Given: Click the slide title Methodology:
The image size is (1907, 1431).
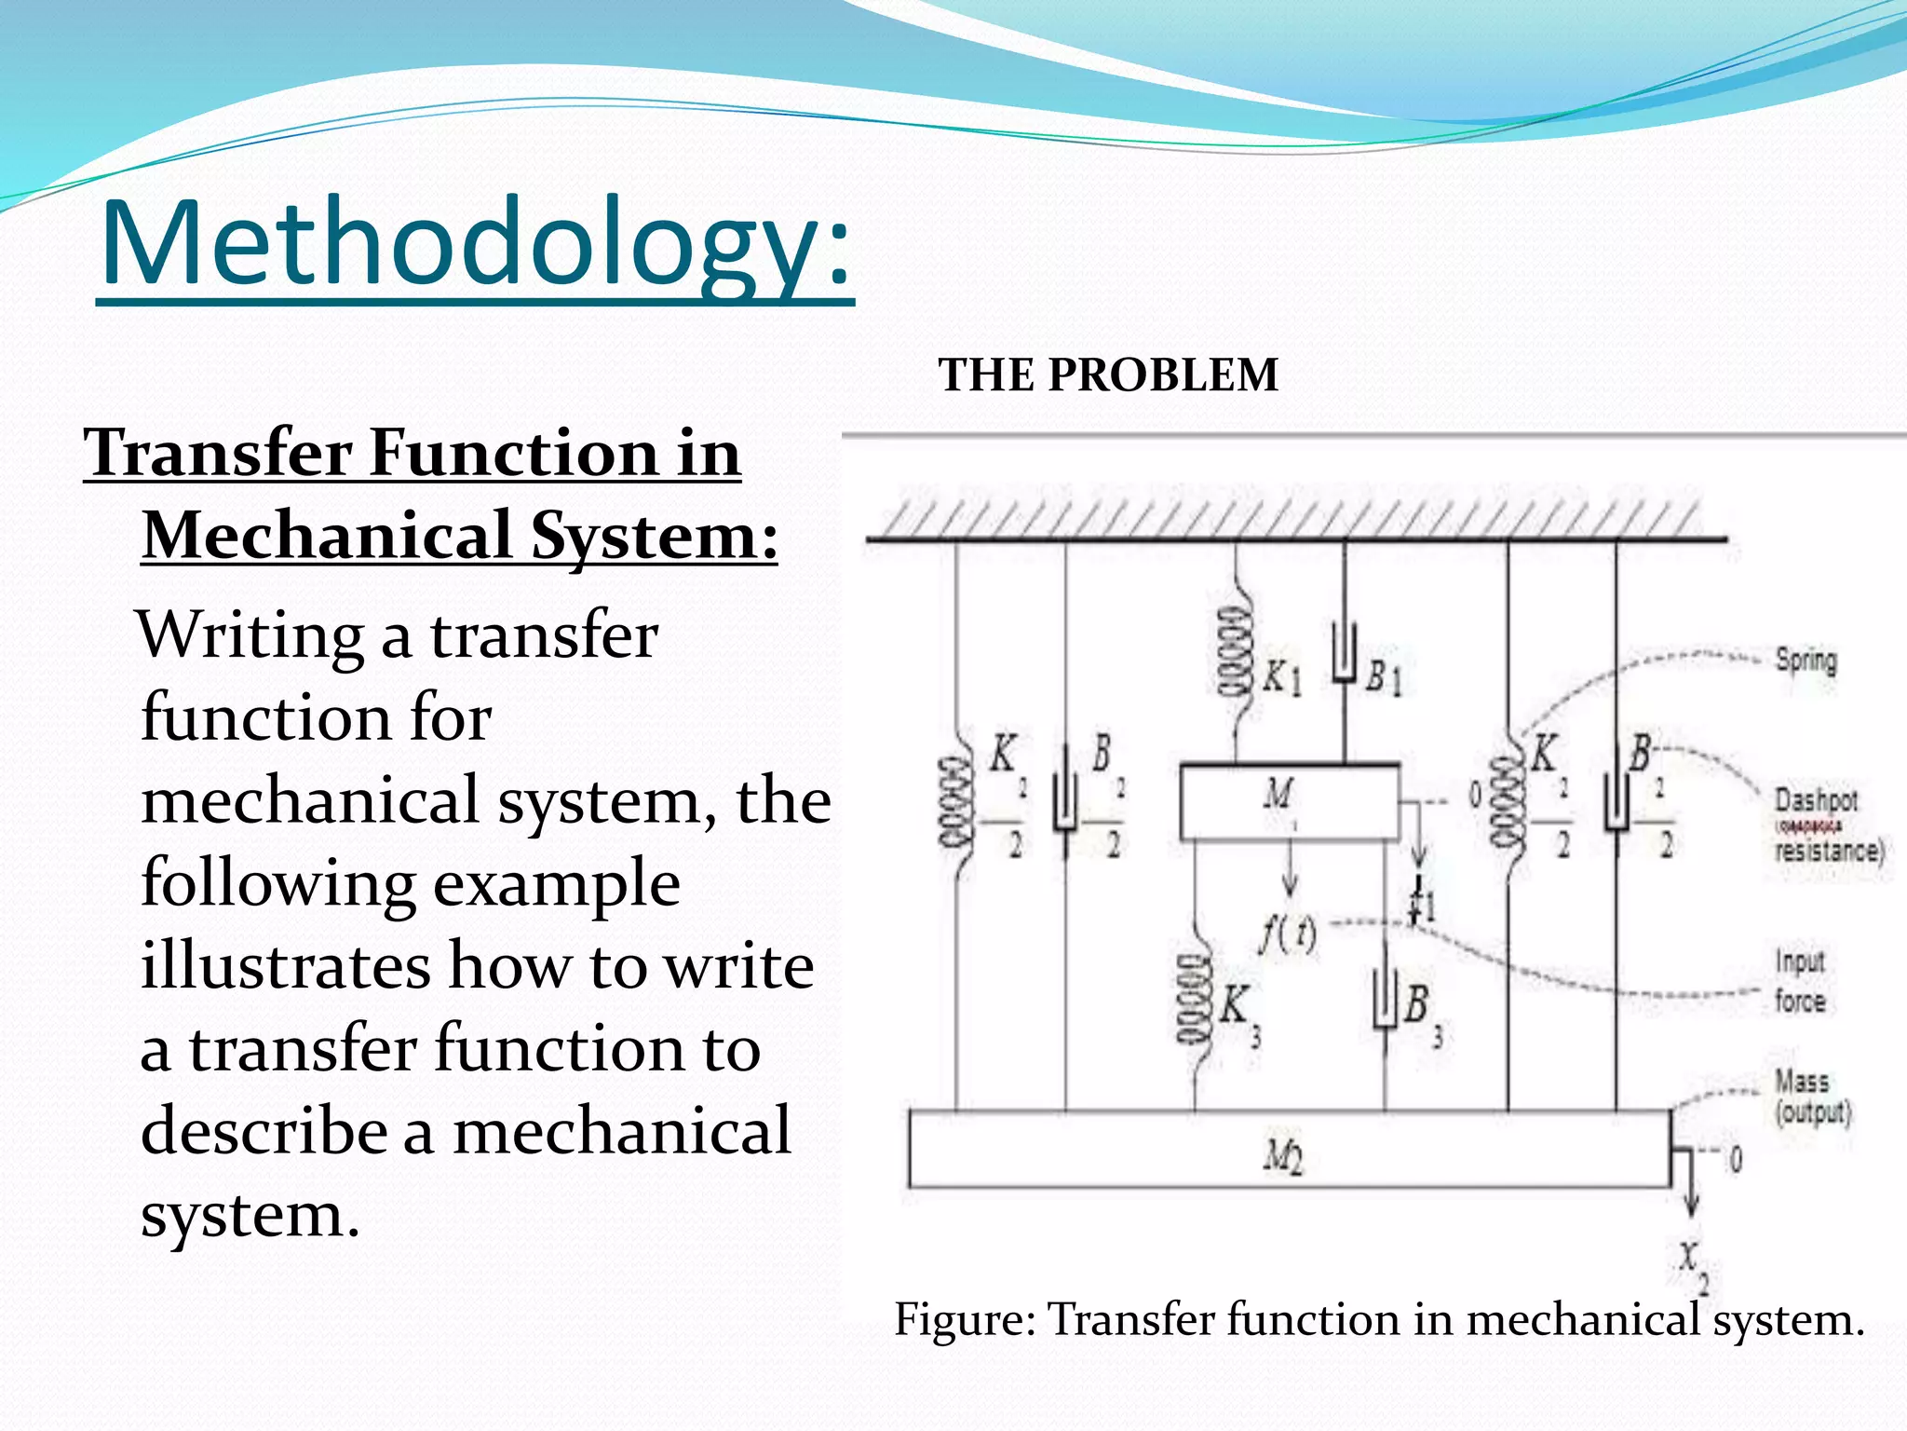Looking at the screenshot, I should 475,244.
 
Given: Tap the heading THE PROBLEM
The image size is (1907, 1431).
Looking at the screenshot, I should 1108,375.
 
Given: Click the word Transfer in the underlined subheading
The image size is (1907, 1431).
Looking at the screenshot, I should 218,454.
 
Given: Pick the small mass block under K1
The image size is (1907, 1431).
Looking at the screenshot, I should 1289,801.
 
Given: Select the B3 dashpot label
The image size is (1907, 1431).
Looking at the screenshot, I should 1421,1010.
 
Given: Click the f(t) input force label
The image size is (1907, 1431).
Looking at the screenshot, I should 1288,934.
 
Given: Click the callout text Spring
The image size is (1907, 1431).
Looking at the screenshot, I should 1806,661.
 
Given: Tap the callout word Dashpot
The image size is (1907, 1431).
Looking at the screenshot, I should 1816,799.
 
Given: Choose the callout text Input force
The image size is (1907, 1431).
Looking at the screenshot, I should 1799,980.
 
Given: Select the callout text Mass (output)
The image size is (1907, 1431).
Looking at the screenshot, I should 1811,1097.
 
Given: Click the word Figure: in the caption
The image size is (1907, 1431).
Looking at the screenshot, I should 964,1320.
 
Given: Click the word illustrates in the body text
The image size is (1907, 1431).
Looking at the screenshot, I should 285,966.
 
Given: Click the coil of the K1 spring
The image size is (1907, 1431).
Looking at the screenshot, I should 1235,652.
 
